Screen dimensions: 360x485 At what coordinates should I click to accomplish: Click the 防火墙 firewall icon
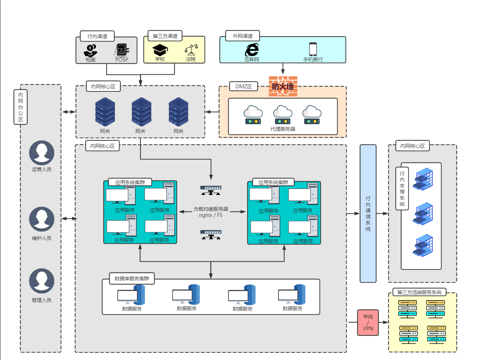point(283,86)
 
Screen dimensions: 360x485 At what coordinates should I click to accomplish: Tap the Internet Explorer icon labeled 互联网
point(252,50)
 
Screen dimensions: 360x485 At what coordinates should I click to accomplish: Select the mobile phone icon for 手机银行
point(313,49)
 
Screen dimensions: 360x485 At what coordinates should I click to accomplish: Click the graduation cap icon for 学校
point(160,50)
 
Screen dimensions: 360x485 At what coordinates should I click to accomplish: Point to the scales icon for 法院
point(191,50)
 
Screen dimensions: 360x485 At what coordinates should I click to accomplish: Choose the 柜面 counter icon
point(91,50)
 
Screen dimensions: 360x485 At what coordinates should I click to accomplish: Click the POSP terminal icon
point(122,50)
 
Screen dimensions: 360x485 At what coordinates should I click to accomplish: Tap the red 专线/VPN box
point(368,323)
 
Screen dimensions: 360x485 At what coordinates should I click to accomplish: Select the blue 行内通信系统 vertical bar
point(368,213)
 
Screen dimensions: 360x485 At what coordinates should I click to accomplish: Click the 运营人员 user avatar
point(41,152)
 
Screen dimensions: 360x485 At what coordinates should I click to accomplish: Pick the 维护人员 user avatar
point(41,219)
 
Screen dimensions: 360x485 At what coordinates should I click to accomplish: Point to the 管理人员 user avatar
point(41,281)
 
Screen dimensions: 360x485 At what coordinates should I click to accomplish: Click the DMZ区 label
point(243,86)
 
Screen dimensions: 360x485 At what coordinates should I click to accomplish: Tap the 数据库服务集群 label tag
point(132,278)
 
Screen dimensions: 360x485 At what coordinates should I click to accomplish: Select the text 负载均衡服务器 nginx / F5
point(211,212)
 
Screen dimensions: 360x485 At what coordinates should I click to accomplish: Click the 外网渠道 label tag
point(242,36)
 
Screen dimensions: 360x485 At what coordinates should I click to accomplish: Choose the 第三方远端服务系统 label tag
point(419,292)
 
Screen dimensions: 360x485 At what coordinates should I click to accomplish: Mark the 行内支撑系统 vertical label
point(402,188)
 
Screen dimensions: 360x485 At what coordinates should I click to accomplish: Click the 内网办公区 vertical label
point(21,107)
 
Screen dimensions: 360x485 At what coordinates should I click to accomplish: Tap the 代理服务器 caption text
point(283,129)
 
